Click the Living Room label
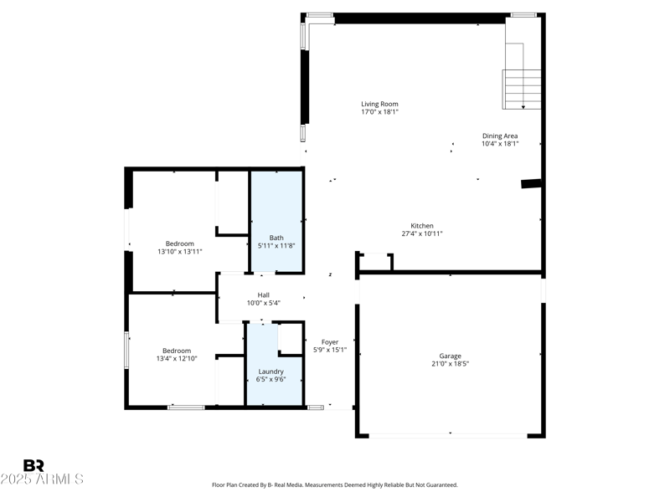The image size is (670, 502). [x=379, y=104]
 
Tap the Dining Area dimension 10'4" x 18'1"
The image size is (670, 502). [x=500, y=144]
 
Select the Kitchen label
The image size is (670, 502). [x=421, y=226]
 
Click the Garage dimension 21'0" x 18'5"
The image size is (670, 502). [x=450, y=364]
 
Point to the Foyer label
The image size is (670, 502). [x=330, y=342]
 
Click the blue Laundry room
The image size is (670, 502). [x=271, y=368]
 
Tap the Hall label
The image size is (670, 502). [x=263, y=295]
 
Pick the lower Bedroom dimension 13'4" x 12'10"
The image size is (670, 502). [x=177, y=359]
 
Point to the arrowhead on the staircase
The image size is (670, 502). [x=523, y=106]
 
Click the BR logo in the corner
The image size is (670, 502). [x=33, y=465]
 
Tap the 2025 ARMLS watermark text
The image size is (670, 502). [x=42, y=479]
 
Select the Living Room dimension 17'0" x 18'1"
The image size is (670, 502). [x=379, y=112]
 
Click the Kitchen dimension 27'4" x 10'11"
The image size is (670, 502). [x=421, y=234]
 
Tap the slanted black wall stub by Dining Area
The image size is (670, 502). [x=530, y=183]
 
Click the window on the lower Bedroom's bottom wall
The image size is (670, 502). [x=186, y=407]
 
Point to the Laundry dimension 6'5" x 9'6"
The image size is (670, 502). [x=271, y=380]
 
